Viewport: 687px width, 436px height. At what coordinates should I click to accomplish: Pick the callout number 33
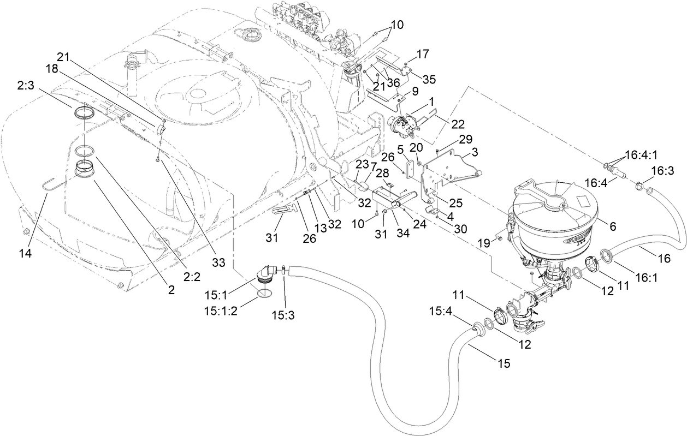click(x=218, y=263)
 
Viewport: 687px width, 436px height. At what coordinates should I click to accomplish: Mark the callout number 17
click(x=423, y=54)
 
